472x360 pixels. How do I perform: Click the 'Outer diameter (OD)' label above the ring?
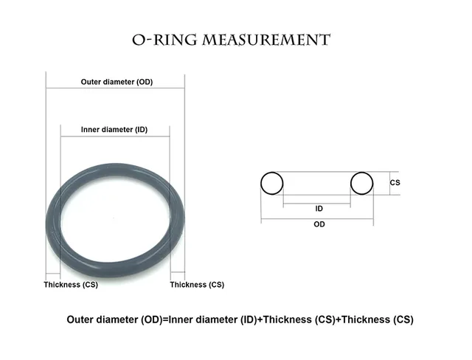coord(117,82)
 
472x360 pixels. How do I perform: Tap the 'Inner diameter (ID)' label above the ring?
coord(114,130)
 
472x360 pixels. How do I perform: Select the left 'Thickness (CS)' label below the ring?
coord(71,285)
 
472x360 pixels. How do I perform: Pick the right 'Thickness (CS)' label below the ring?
coord(197,285)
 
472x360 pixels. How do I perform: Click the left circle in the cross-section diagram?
coord(271,183)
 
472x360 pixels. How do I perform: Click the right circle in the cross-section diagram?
coord(362,183)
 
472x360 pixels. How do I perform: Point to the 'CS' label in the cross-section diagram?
coord(395,182)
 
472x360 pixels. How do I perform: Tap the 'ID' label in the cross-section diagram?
coord(319,209)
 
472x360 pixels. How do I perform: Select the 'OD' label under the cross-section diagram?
coord(319,224)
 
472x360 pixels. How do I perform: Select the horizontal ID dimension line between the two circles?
coord(317,204)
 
